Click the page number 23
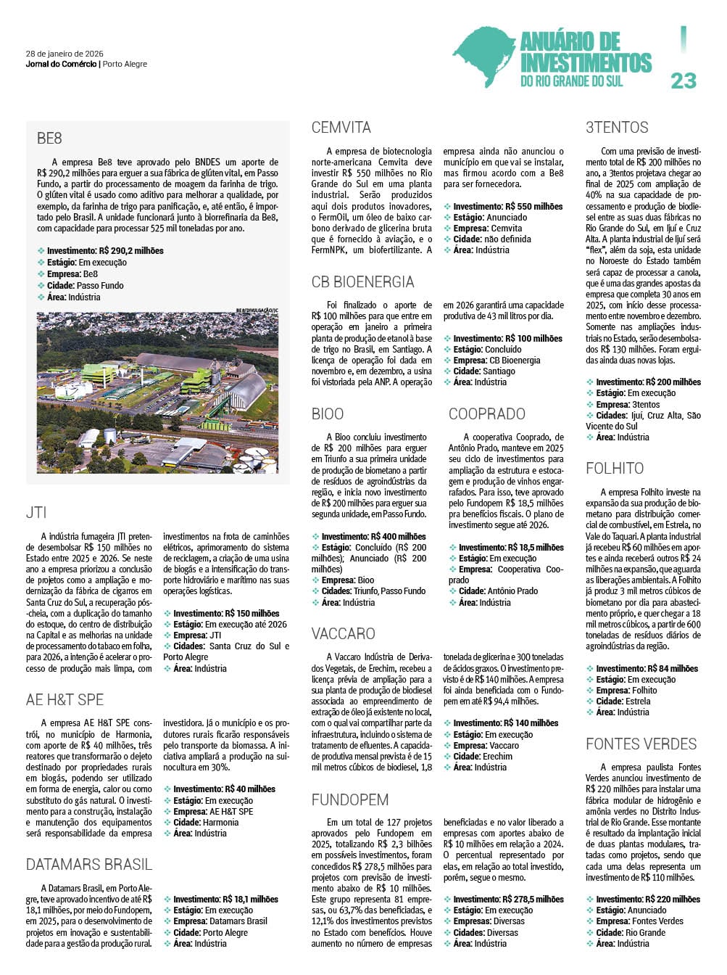683,81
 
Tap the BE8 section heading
49,139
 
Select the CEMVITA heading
341,128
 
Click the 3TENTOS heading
617,128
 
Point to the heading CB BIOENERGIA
362,282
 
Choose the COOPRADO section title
486,414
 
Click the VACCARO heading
343,634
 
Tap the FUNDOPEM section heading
350,800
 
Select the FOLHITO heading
615,469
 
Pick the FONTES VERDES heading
641,744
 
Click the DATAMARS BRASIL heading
89,865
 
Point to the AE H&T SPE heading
65,700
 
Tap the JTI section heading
36,513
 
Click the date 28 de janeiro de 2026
65,54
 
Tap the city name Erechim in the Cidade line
497,757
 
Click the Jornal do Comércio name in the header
61,64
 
